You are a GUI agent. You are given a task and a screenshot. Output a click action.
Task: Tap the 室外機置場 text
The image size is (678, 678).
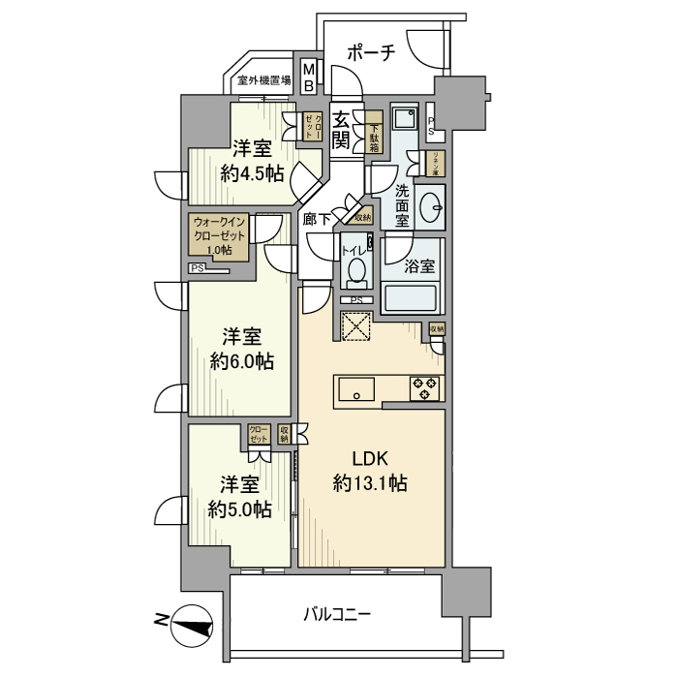pos(263,82)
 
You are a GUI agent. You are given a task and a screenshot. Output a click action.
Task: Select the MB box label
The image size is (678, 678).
pos(309,77)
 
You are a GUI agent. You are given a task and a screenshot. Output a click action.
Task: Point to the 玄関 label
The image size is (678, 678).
pos(341,130)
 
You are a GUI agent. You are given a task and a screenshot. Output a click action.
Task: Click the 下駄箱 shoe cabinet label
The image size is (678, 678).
pos(375,135)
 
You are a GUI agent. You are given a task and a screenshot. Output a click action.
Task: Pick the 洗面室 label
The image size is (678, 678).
pos(402,205)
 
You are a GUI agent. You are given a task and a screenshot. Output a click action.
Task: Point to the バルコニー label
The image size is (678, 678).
pos(337,613)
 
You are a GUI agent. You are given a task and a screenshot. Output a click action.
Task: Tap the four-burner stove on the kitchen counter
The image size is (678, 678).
pos(425,387)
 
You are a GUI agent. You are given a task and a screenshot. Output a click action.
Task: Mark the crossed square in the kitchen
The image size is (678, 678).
pos(355,325)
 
